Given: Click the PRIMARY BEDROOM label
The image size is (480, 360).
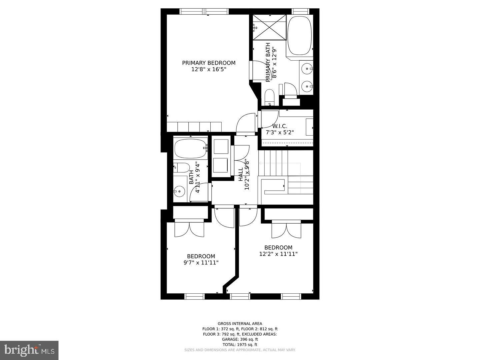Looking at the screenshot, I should tap(209, 63).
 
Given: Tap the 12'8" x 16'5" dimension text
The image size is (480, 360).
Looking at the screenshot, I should tap(209, 69).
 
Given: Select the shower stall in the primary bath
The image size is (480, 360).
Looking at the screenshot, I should tap(269, 27).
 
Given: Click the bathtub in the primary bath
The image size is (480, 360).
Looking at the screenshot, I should tap(300, 36).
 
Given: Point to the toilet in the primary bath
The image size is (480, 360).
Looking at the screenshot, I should tap(269, 97).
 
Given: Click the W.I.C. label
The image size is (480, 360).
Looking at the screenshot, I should tap(279, 126).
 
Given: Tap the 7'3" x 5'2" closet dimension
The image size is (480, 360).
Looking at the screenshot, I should tap(279, 132).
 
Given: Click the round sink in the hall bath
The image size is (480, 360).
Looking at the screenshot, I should tap(179, 191).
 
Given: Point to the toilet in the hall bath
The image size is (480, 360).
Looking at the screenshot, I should tap(182, 167).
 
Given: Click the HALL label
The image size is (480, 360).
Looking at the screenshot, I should tap(241, 174).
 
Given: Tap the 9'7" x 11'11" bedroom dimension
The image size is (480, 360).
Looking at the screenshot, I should tap(201, 263).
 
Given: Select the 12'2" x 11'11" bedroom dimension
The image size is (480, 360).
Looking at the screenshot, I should tap(278, 254).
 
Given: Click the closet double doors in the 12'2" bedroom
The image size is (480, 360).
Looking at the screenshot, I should tap(286, 230).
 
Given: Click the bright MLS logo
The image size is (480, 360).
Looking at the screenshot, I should tap(29, 350).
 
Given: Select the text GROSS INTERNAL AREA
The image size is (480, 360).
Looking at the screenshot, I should tap(240, 323).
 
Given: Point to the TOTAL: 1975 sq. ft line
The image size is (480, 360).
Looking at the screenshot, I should tap(240, 345).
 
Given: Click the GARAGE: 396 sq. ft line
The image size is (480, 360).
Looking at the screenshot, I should tap(240, 339).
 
